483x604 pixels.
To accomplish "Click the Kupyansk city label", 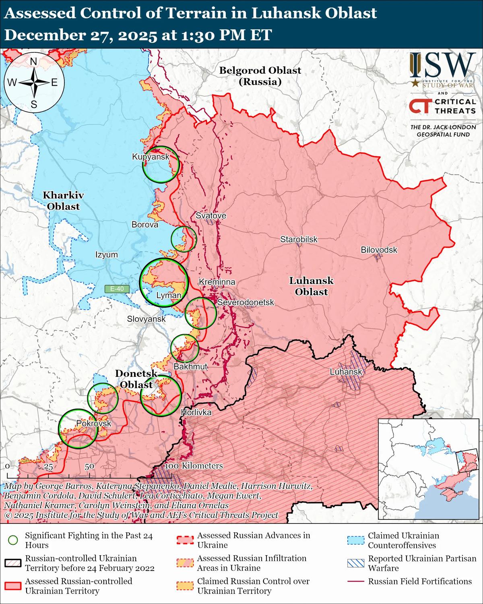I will [151, 157].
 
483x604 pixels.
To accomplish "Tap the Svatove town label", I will [211, 216].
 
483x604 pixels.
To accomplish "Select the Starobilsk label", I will [299, 240].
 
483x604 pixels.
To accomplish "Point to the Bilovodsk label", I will [379, 250].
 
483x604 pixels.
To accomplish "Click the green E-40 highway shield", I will [117, 289].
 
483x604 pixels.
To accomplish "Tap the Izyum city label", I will [107, 254].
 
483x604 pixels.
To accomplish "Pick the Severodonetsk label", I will [246, 302].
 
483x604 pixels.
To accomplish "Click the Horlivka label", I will [196, 412].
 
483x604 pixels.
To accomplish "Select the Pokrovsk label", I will [93, 424].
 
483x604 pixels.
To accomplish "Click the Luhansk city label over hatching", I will [346, 372].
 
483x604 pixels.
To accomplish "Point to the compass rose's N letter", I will [34, 62].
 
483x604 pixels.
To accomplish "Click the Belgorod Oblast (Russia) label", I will [260, 76].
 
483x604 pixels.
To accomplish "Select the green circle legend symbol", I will [14, 540].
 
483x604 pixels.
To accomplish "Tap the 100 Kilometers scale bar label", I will [194, 466].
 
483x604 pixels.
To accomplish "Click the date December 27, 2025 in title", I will [80, 35].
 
